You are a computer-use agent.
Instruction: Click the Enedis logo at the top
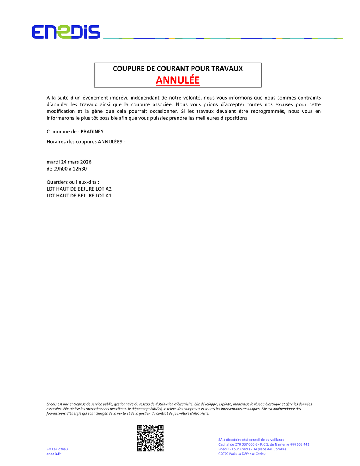(66, 32)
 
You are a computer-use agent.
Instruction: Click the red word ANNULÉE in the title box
(178, 80)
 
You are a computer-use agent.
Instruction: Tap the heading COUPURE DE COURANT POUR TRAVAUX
(178, 69)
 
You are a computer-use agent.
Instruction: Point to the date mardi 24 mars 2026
(69, 162)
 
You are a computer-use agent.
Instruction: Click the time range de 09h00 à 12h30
(67, 169)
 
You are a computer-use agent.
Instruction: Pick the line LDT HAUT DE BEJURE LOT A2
(79, 189)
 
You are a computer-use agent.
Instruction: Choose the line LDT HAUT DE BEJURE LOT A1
(79, 196)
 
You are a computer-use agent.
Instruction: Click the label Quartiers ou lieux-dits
(72, 182)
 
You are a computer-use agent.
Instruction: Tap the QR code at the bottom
(150, 438)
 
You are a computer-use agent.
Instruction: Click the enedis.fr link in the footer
(54, 454)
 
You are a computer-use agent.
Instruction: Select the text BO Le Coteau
(57, 449)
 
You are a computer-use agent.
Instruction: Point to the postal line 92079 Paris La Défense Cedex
(242, 454)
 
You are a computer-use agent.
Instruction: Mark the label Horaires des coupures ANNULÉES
(86, 142)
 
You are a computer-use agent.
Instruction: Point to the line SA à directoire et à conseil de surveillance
(251, 440)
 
